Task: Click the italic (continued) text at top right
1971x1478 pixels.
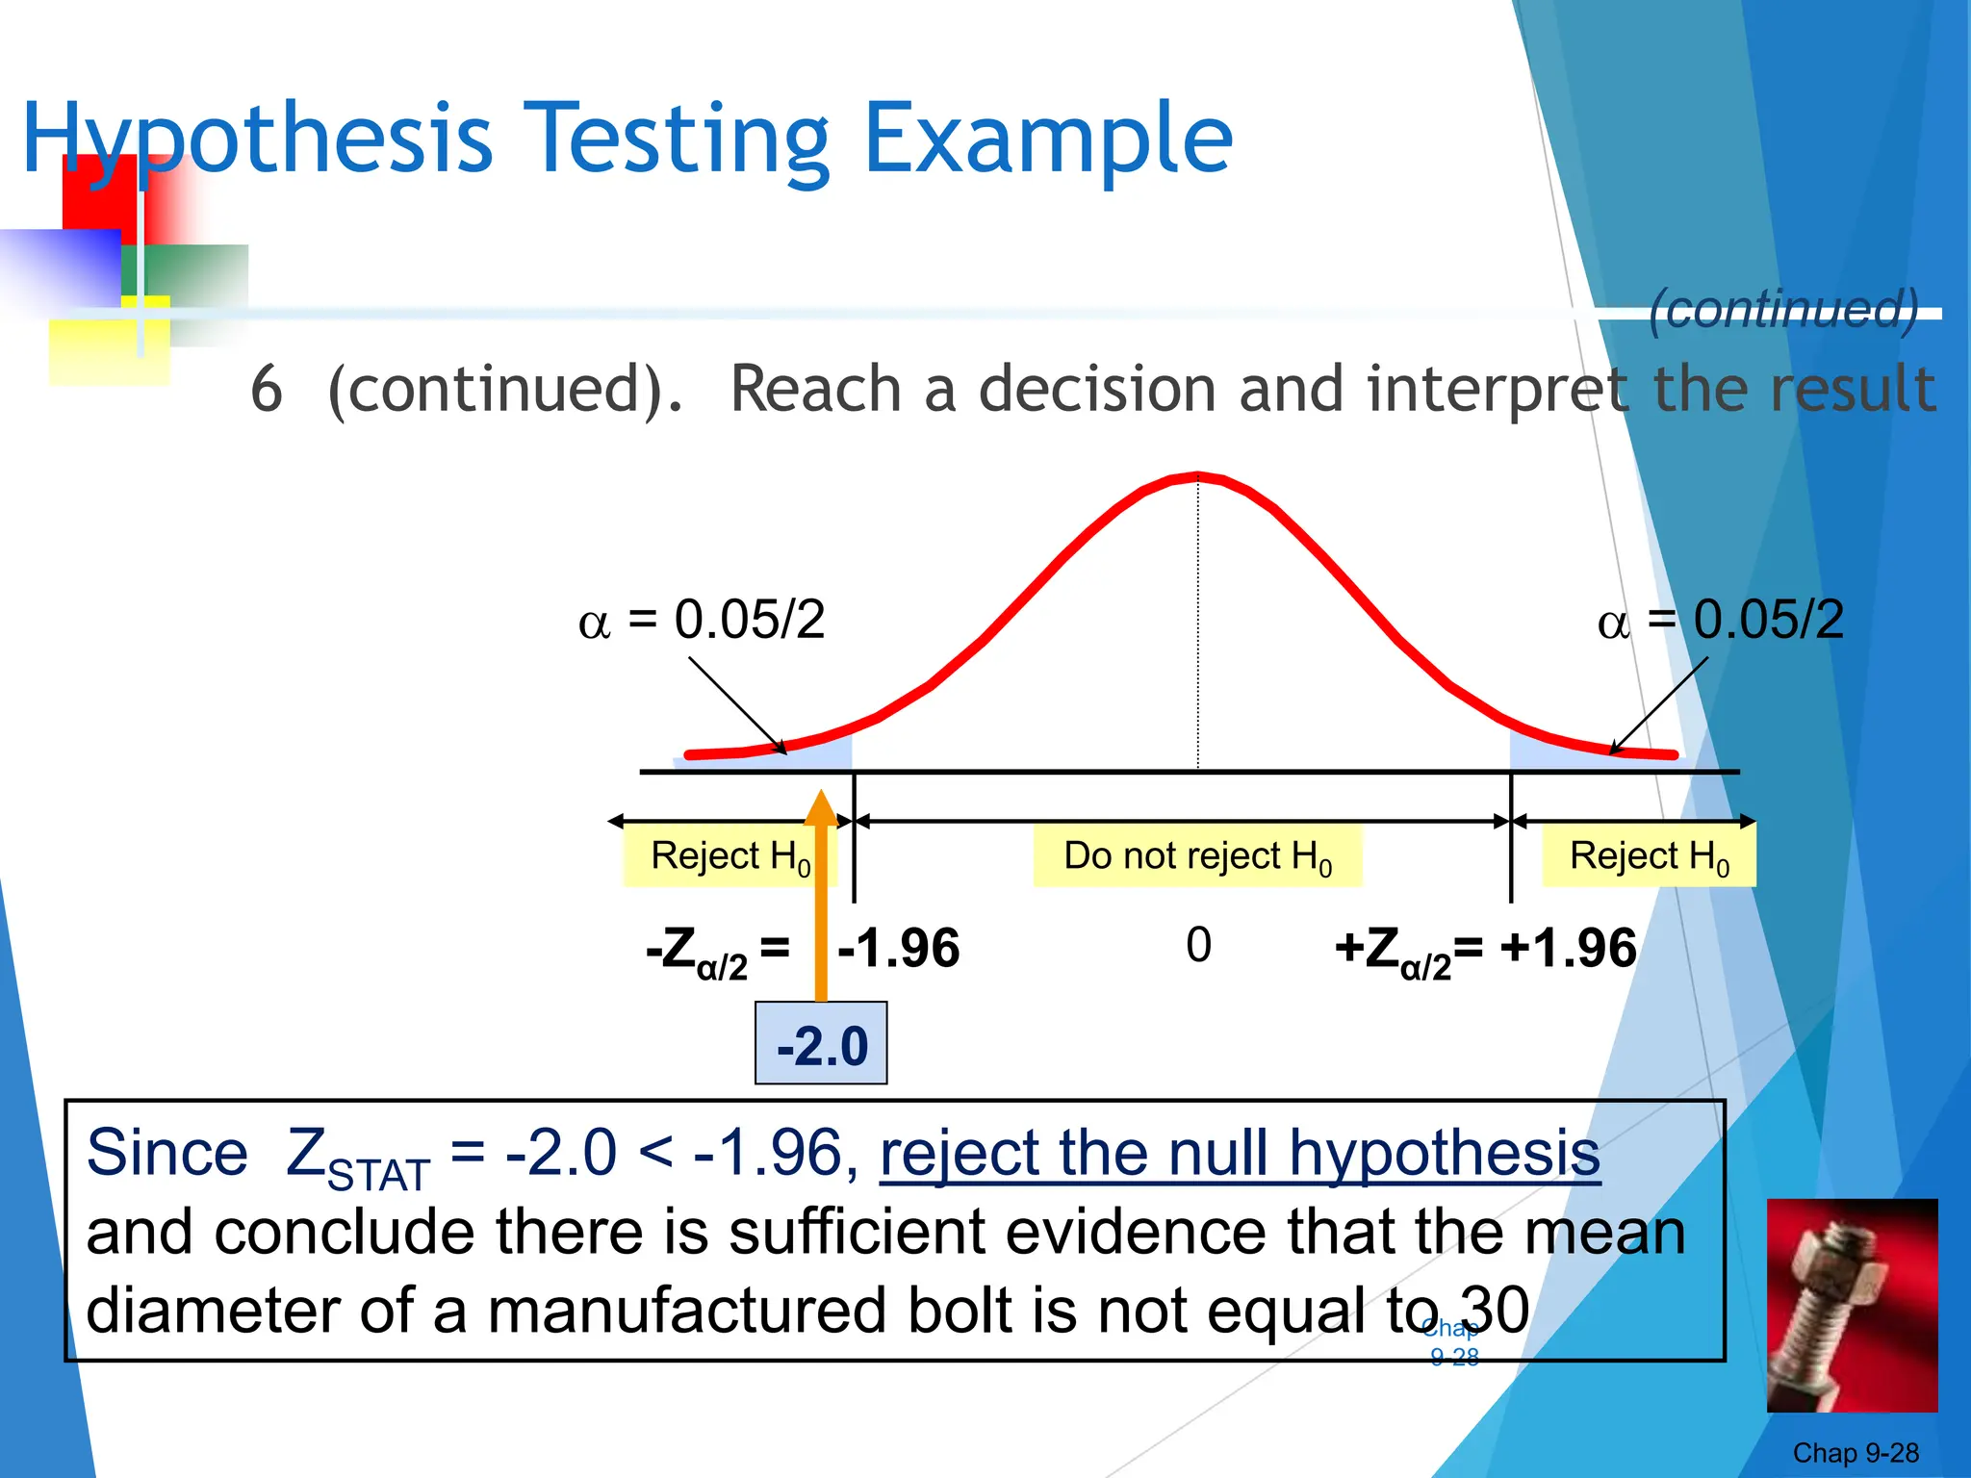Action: click(1783, 309)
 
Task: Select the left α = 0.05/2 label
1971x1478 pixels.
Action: click(702, 620)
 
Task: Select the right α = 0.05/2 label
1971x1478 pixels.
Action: click(1721, 620)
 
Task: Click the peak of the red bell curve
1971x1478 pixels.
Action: click(1197, 475)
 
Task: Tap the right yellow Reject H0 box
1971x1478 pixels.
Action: click(1649, 855)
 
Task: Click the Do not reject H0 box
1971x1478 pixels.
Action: click(1197, 855)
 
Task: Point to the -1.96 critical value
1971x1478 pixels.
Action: click(899, 949)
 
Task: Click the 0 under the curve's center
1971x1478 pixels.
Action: click(1198, 945)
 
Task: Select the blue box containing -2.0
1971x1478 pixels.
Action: click(821, 1044)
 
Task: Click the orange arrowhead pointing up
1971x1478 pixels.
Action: click(821, 809)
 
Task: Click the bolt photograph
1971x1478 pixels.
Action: click(1852, 1305)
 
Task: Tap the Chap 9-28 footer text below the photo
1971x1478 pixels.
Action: click(1855, 1452)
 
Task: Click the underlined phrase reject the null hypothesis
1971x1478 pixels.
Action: click(1240, 1153)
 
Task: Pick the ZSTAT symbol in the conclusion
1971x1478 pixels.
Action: click(356, 1158)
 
